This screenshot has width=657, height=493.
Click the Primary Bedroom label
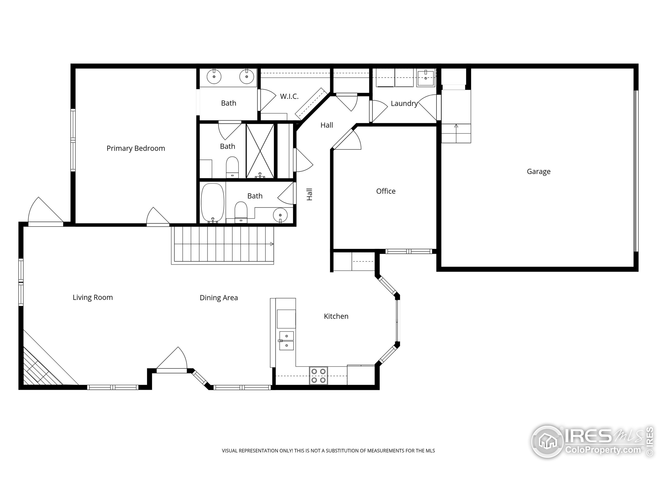click(x=136, y=148)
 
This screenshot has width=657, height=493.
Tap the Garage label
click(x=538, y=172)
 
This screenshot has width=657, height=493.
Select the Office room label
click(x=386, y=191)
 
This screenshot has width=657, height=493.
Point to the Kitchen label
click(x=336, y=316)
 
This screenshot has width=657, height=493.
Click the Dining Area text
click(x=219, y=298)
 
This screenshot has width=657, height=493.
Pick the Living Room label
click(x=93, y=297)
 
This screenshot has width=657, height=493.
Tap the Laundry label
click(x=404, y=103)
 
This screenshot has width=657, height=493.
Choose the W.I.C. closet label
click(x=289, y=96)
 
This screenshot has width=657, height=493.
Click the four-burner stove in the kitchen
click(x=318, y=376)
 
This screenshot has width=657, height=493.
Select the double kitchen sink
click(x=287, y=341)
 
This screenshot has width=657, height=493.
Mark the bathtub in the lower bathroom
click(x=213, y=203)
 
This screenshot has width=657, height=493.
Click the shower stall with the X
click(x=260, y=151)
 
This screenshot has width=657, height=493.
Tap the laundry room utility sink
click(x=426, y=78)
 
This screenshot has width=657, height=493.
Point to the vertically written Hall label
click(x=310, y=194)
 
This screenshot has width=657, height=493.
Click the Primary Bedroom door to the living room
click(x=158, y=217)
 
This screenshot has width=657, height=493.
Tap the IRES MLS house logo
click(x=547, y=442)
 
